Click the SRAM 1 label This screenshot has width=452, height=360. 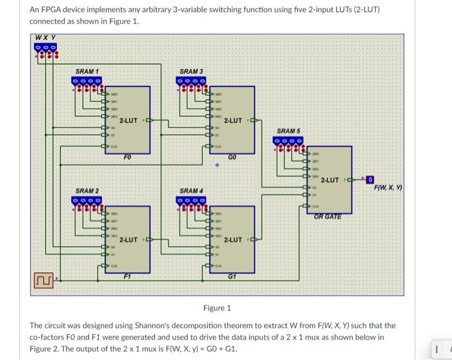[x=87, y=70]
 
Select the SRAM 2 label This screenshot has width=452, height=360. [x=87, y=191]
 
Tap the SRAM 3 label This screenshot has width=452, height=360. [x=191, y=70]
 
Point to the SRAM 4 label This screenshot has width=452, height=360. [x=191, y=191]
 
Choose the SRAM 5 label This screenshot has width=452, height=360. [x=289, y=131]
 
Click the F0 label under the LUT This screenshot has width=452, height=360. [x=127, y=157]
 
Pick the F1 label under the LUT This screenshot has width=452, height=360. [x=127, y=277]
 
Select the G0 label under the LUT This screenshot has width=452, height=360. [x=232, y=157]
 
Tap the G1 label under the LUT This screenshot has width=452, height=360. [x=232, y=277]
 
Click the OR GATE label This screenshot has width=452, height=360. [x=329, y=217]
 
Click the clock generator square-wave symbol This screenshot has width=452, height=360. [x=44, y=279]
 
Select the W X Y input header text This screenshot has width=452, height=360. [x=45, y=37]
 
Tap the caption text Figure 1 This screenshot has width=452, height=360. [x=217, y=308]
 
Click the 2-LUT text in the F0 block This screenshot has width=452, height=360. [x=128, y=120]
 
